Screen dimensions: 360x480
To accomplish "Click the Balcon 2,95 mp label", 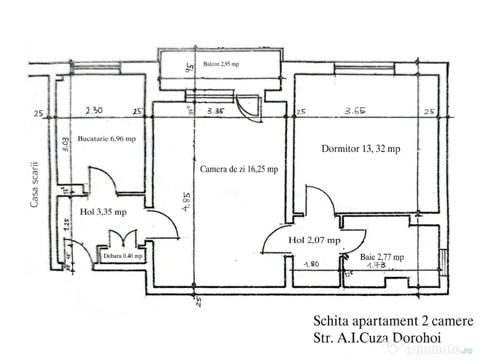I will click(x=221, y=64).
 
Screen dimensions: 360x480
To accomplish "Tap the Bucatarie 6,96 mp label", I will click(x=107, y=139).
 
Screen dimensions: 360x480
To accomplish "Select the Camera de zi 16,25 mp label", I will click(x=239, y=169).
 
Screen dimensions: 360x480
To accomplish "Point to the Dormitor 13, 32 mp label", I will click(x=360, y=149).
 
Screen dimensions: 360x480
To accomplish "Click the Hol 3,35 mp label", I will click(x=103, y=212).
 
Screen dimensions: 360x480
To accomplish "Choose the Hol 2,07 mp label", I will click(x=314, y=240).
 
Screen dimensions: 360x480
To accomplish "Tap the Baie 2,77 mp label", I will click(x=382, y=257).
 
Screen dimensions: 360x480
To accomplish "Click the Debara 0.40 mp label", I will click(x=122, y=256).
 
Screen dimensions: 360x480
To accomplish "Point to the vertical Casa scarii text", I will click(x=34, y=185).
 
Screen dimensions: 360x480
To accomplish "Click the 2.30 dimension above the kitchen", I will click(x=94, y=112).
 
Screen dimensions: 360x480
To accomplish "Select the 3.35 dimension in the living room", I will click(x=217, y=112).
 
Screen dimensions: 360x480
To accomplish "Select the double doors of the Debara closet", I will click(x=123, y=237).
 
